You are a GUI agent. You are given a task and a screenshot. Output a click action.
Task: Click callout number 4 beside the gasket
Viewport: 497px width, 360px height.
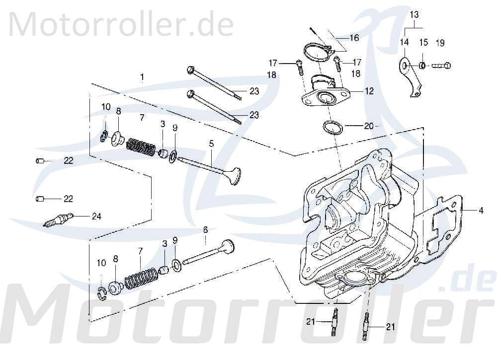(481, 211)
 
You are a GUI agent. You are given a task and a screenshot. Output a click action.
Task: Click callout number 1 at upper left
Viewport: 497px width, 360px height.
(142, 77)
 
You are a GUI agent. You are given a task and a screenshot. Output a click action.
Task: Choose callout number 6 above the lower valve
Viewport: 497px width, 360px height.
(205, 229)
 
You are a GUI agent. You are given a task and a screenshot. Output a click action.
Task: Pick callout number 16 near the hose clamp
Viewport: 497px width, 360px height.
(354, 38)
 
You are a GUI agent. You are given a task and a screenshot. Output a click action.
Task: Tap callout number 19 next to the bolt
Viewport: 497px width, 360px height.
(440, 43)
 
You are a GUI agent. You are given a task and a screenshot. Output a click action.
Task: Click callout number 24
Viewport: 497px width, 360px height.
(96, 216)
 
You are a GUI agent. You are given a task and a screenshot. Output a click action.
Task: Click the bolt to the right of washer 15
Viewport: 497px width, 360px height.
(441, 65)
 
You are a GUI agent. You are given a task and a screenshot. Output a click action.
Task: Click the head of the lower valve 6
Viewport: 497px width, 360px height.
(228, 245)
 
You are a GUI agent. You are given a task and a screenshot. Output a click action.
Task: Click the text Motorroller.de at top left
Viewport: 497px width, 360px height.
(121, 22)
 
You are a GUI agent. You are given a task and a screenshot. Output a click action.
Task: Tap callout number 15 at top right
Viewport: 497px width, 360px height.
(423, 43)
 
